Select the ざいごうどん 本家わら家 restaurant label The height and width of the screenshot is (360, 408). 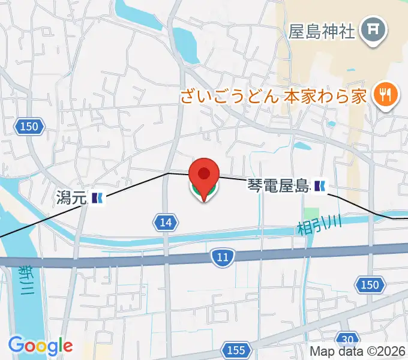point(272,96)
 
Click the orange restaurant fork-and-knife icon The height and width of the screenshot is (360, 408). point(382,94)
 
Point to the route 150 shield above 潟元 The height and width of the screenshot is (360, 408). point(28,127)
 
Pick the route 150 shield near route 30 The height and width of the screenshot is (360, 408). point(370,284)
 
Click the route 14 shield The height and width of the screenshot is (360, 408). point(166,223)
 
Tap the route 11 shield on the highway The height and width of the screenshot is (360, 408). point(223,257)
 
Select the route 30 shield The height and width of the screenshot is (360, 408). point(346,337)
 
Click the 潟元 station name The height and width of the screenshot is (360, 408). point(71,197)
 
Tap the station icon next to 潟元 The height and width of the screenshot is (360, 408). point(97,197)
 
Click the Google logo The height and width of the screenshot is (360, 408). point(40,346)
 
